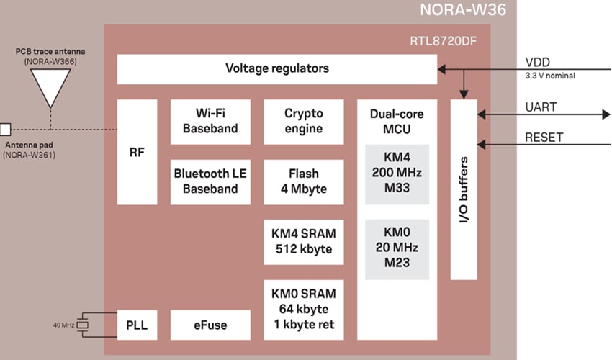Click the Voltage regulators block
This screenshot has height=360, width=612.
277,69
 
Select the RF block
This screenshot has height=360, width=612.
137,153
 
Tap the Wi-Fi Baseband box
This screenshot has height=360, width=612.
211,122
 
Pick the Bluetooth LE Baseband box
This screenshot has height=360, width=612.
211,181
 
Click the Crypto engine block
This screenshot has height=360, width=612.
303,122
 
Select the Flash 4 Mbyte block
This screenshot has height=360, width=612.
303,181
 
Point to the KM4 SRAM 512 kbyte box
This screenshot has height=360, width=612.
303,241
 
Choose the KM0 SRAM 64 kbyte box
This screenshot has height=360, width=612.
303,310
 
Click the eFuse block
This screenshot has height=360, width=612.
211,325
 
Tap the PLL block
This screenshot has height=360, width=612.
137,325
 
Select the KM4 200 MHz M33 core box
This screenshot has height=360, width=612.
397,174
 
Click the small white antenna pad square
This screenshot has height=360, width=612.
5,130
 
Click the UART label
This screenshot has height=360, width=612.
541,107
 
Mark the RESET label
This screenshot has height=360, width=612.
544,138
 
